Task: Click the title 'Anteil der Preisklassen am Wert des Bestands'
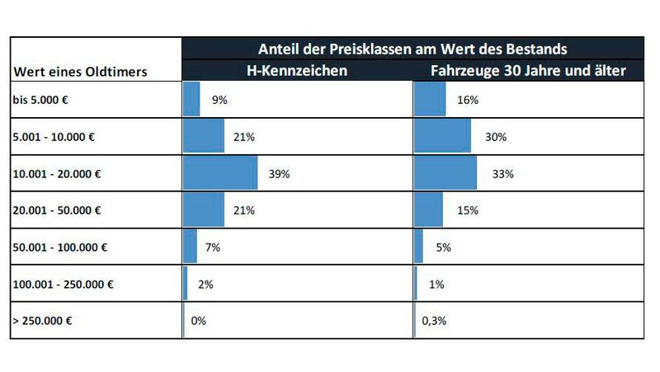(x=413, y=49)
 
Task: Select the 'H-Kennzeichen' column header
(x=298, y=71)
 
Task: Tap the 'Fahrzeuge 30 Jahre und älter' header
(x=528, y=71)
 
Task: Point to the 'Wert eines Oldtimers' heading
(x=80, y=72)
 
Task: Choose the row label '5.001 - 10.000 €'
(x=54, y=136)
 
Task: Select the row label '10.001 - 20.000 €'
(x=58, y=174)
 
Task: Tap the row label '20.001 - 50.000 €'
(x=58, y=210)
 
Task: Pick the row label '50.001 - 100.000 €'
(x=60, y=247)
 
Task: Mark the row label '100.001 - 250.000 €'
(x=64, y=285)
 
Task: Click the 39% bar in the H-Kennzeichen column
(x=220, y=174)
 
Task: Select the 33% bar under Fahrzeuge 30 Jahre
(x=445, y=174)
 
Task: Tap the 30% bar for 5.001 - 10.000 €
(x=443, y=136)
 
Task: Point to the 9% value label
(x=219, y=100)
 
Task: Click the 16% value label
(x=467, y=100)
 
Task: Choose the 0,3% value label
(x=434, y=321)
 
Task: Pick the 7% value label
(x=212, y=247)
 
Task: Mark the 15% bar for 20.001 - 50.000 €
(x=429, y=210)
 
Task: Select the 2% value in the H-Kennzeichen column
(x=206, y=285)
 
